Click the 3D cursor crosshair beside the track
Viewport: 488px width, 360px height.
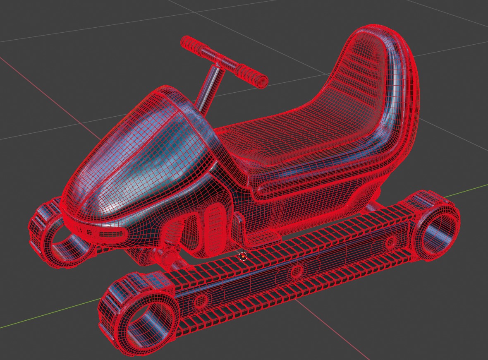pos(243,257)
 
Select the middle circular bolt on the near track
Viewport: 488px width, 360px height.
pos(297,272)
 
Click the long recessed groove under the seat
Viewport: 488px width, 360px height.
pos(314,182)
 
